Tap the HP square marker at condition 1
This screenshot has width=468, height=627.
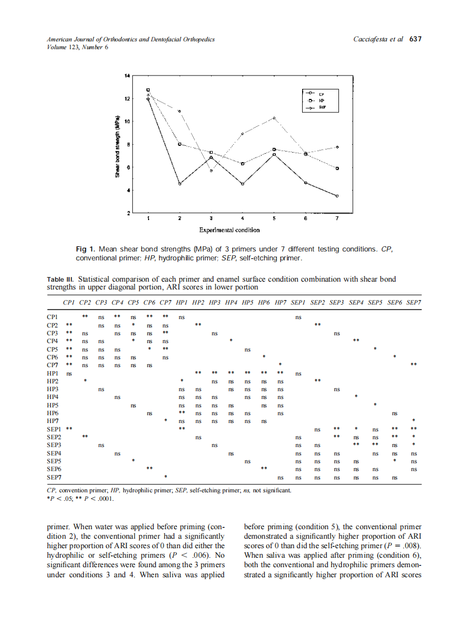(x=148, y=89)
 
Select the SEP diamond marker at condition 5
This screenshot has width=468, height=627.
(x=274, y=118)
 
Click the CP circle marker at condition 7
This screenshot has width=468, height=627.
(x=337, y=196)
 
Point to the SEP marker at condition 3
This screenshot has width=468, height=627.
(x=211, y=170)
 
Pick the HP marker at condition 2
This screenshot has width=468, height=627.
(x=179, y=144)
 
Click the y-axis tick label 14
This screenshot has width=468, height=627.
(x=127, y=75)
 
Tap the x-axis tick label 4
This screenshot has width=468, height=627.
(x=242, y=218)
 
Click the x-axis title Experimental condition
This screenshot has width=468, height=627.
(x=229, y=230)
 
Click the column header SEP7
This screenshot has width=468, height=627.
(x=413, y=302)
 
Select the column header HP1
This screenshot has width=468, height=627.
(x=182, y=302)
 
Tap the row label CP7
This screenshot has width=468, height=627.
(x=53, y=365)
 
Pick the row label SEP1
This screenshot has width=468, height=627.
(x=54, y=429)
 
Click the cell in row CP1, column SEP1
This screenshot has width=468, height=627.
(x=298, y=317)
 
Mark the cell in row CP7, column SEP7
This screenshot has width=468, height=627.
(x=413, y=365)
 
